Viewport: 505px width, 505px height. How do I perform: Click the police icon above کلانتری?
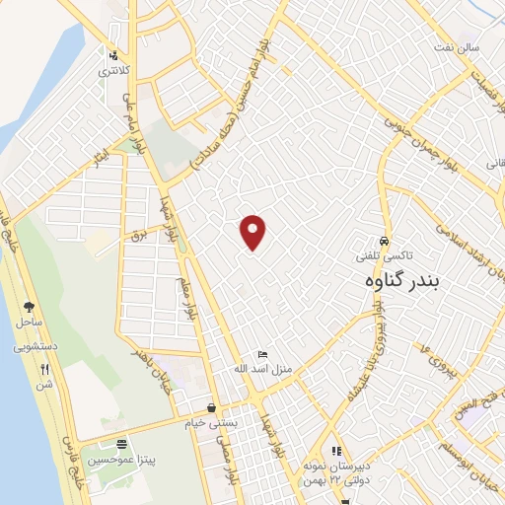pos(114,56)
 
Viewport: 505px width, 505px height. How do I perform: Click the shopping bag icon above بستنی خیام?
pos(211,407)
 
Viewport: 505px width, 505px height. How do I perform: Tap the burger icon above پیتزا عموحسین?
pos(121,445)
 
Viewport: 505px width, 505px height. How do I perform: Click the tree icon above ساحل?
pos(28,307)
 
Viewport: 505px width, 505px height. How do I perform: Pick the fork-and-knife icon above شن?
pos(43,370)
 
